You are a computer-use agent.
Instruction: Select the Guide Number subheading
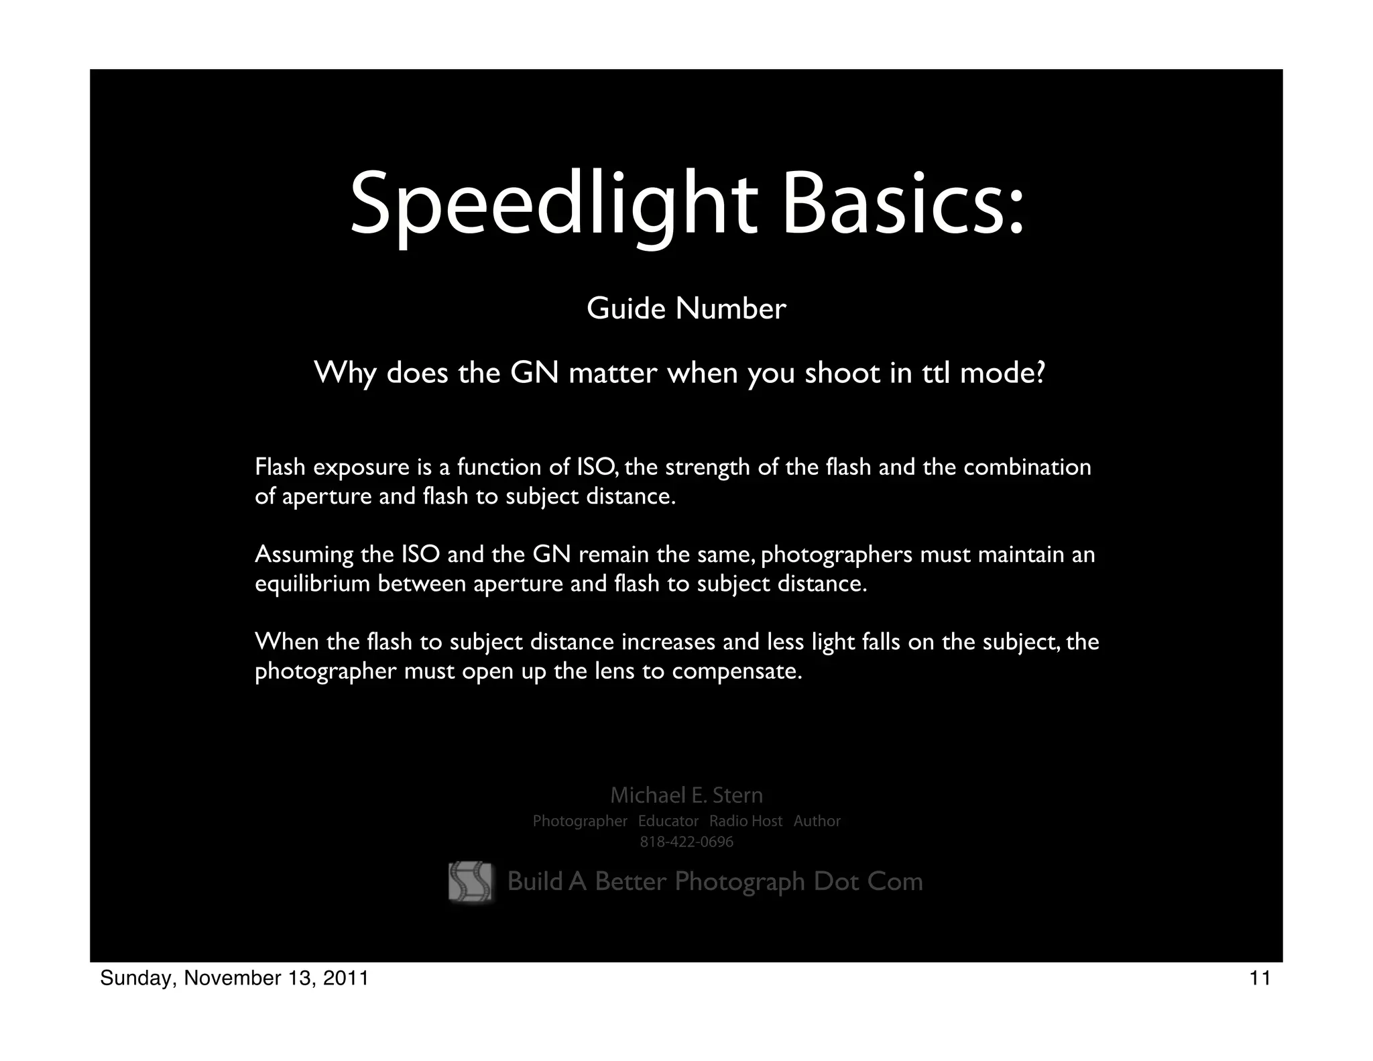(686, 309)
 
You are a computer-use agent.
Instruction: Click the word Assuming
(304, 555)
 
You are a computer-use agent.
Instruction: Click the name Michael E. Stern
(686, 795)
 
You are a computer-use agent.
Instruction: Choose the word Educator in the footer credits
(668, 822)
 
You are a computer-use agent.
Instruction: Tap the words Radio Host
(745, 822)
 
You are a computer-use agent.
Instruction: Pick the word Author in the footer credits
(817, 822)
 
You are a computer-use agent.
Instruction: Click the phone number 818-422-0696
(686, 842)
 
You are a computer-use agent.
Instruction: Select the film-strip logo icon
(470, 881)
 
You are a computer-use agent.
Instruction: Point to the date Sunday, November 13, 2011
(234, 979)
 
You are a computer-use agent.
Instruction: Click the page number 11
(1260, 979)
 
